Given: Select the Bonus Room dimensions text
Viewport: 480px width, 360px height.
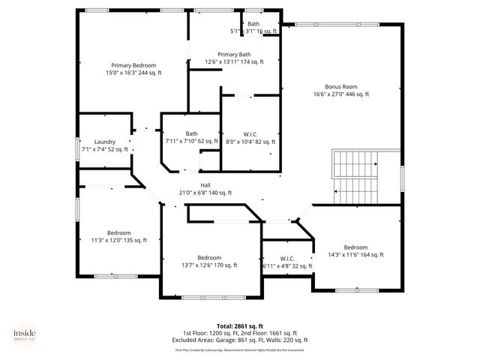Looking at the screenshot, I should [341, 94].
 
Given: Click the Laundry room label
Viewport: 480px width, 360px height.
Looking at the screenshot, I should [104, 142].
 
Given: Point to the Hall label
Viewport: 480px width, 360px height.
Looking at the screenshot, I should [205, 184].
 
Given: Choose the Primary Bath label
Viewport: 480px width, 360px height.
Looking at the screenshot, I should [234, 54].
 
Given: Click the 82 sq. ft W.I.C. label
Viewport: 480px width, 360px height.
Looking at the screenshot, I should [250, 133].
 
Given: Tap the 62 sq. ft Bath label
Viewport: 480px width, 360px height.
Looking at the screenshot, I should [192, 133].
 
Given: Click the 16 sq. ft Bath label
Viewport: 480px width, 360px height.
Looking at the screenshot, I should [253, 24].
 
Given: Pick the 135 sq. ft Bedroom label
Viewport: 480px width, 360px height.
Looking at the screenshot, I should [118, 232].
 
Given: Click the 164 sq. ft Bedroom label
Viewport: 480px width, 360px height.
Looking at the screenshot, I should [355, 247].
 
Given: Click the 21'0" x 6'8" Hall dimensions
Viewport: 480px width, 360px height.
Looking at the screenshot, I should [205, 193].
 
